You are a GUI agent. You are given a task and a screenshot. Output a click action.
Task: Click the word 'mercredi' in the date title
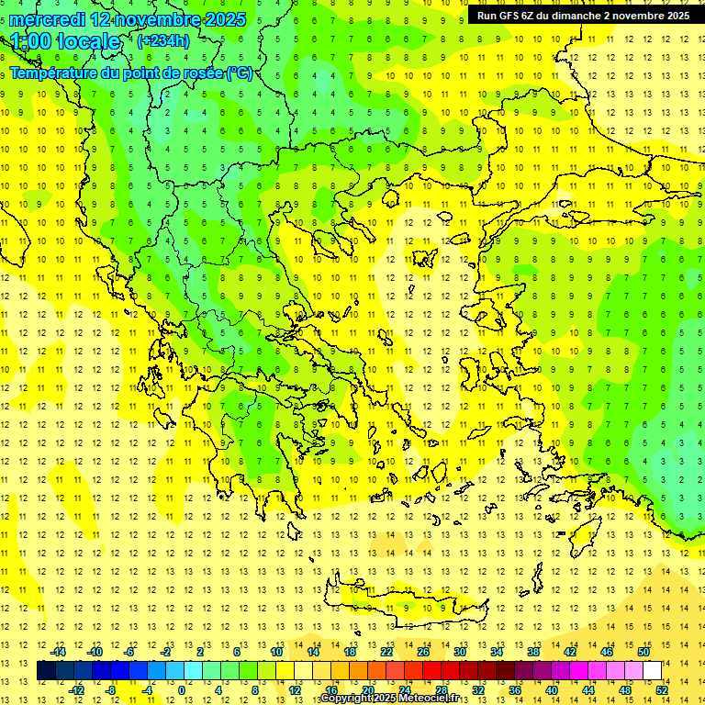click(48, 19)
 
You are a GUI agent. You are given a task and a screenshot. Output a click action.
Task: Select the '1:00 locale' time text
click(66, 41)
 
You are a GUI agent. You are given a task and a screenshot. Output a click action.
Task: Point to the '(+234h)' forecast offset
click(162, 40)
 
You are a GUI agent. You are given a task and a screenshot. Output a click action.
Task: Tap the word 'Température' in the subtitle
click(56, 73)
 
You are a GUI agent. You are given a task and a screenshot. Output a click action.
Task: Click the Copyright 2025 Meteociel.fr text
click(389, 699)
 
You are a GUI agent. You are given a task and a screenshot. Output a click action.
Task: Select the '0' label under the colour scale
click(181, 689)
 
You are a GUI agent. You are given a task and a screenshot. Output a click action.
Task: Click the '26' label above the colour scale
click(423, 652)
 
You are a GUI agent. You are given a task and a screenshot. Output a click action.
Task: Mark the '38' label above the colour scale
click(533, 652)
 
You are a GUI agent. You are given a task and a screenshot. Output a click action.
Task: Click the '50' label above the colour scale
click(643, 652)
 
